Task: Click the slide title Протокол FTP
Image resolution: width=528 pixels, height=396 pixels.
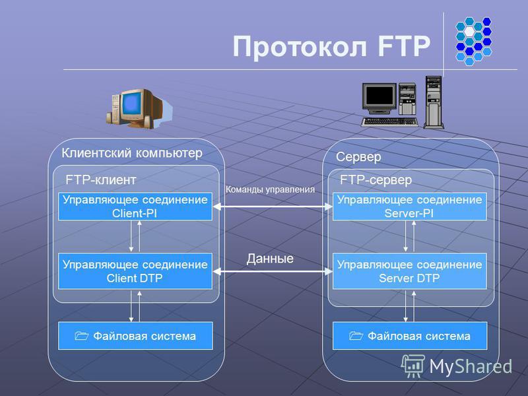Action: (331, 46)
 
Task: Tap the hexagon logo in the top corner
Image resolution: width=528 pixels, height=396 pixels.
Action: (473, 41)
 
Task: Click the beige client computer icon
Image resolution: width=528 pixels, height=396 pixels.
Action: (139, 108)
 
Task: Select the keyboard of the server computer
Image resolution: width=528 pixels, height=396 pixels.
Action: (389, 121)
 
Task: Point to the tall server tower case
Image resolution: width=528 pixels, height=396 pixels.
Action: (434, 102)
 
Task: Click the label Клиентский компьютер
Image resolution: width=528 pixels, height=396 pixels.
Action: (132, 153)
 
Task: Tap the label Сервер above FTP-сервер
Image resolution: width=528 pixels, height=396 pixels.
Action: (358, 157)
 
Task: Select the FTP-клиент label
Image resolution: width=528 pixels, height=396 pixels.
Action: (101, 180)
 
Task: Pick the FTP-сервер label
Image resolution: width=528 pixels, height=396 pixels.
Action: (376, 180)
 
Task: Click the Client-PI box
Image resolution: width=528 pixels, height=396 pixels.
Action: (135, 207)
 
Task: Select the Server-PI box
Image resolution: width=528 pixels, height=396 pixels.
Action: (409, 207)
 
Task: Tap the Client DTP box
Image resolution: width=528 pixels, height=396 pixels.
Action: (135, 271)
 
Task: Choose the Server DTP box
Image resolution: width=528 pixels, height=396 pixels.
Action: (409, 271)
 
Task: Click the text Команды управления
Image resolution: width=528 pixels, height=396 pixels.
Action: (270, 189)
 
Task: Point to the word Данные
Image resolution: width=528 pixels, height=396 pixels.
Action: (270, 259)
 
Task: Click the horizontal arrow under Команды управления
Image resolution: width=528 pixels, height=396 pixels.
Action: (273, 207)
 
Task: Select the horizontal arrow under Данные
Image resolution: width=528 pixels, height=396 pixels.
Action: (273, 271)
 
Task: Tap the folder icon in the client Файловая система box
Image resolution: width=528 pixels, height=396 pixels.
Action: (81, 335)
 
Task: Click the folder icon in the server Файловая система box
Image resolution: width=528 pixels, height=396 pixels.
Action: (356, 335)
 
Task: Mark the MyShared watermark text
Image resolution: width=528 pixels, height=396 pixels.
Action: (471, 366)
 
